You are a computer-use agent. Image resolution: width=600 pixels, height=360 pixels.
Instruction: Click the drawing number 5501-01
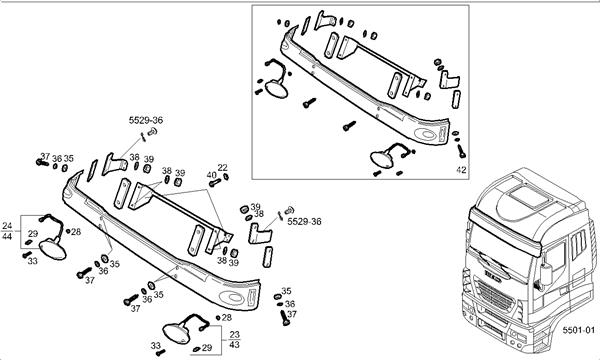click(x=579, y=330)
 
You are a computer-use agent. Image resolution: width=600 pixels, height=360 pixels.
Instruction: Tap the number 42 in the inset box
click(x=462, y=169)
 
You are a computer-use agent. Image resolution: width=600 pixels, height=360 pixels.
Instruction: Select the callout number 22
click(x=223, y=168)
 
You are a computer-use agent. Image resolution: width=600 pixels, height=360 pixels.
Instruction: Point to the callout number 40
click(x=212, y=175)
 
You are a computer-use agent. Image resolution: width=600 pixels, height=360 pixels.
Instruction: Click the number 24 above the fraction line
click(x=7, y=226)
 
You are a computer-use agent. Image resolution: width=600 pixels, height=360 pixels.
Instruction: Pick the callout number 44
click(x=7, y=236)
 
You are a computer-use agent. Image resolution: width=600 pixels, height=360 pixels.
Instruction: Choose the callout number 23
click(x=235, y=334)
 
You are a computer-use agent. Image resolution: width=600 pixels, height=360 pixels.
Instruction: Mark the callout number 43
click(x=235, y=344)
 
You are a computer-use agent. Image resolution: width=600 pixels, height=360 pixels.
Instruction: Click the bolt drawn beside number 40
click(x=215, y=182)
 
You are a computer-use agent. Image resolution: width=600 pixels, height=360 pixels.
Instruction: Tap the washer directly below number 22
click(x=226, y=176)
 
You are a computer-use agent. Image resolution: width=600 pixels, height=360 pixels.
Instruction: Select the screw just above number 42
click(x=461, y=151)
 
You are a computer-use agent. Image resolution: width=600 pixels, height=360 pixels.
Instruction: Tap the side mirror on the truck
click(x=546, y=273)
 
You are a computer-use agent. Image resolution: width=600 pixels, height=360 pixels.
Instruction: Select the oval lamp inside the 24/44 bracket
click(x=53, y=249)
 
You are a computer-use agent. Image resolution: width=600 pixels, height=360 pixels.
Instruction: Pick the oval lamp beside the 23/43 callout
click(x=176, y=333)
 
